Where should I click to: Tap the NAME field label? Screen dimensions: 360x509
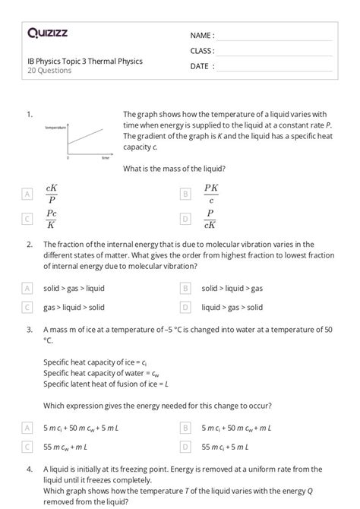coord(202,36)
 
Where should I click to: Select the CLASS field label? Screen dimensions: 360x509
coord(202,51)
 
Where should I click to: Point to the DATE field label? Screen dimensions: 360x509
coord(202,66)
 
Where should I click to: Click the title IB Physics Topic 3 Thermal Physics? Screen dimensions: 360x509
coord(84,61)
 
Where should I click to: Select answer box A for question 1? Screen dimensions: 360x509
coord(27,194)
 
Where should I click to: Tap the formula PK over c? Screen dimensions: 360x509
coord(211,194)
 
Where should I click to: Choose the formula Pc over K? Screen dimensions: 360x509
coord(52,220)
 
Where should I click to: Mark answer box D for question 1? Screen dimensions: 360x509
coord(185,220)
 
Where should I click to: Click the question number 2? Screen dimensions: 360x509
coord(28,245)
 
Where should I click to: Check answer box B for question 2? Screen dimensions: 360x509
coord(185,289)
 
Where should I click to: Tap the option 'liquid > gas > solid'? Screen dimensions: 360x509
coord(232,307)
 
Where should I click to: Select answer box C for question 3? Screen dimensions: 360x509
coord(27,448)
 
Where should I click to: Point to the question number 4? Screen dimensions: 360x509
coord(28,469)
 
